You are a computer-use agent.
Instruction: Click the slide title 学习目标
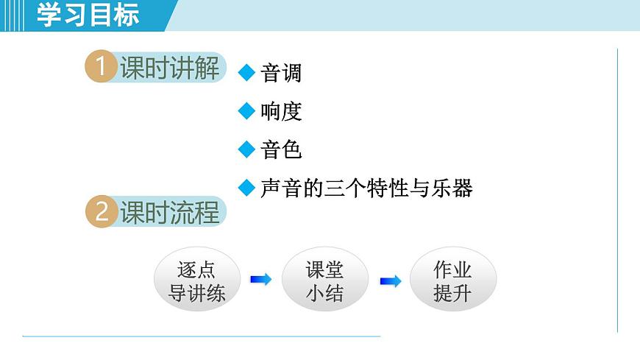[x=88, y=15]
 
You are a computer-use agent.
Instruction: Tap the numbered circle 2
[x=101, y=212]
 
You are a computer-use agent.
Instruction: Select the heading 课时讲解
[x=170, y=68]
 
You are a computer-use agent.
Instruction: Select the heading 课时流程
[x=170, y=213]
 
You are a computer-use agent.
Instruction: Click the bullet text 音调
[x=281, y=73]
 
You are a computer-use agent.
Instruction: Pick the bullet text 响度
[x=281, y=111]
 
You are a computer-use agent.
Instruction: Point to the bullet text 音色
[x=281, y=150]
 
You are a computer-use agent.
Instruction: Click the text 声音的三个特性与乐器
[x=366, y=188]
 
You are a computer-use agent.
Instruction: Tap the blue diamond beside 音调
[x=246, y=72]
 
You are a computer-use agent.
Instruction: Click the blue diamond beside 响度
[x=246, y=111]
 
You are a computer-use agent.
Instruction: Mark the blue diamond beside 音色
[x=246, y=149]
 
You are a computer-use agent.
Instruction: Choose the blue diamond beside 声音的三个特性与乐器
[x=246, y=188]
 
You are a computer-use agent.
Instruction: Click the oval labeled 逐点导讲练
[x=196, y=280]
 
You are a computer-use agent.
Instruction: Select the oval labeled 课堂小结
[x=324, y=280]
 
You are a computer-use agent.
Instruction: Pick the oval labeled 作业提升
[x=452, y=280]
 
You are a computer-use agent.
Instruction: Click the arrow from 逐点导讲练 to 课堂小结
[x=260, y=280]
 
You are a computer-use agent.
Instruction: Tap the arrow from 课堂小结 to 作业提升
[x=390, y=280]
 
